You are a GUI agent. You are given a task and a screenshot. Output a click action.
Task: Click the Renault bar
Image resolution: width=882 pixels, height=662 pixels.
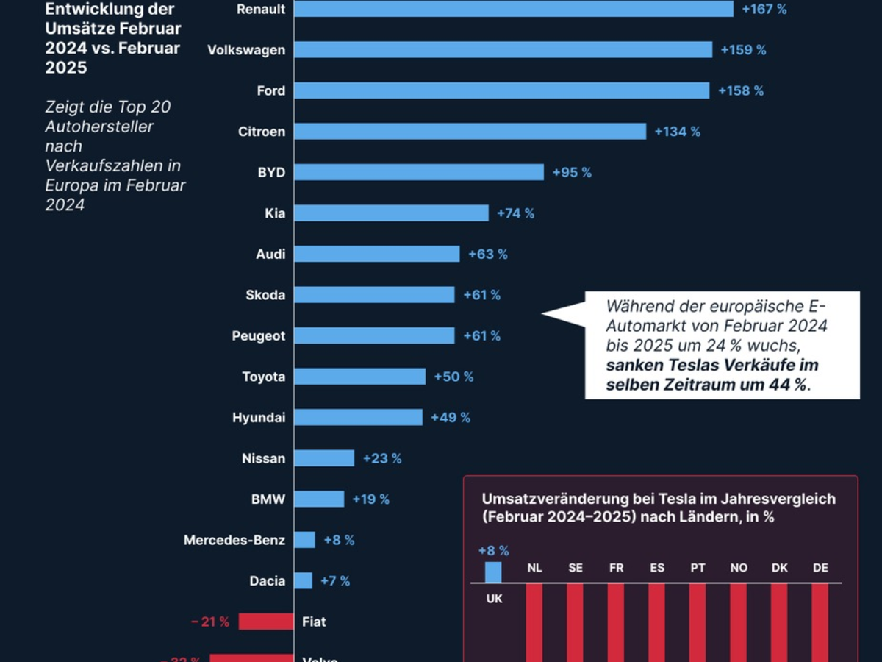pyautogui.click(x=514, y=9)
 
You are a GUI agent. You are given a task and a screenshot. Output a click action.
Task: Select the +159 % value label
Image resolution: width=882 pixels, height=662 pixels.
pyautogui.click(x=743, y=50)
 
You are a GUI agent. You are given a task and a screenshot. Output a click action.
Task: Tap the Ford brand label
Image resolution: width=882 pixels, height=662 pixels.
pyautogui.click(x=270, y=90)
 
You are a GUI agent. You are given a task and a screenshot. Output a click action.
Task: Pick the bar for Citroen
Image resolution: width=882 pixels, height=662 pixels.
pyautogui.click(x=470, y=131)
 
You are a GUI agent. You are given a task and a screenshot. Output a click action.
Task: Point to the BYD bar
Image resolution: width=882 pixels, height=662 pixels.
pyautogui.click(x=419, y=172)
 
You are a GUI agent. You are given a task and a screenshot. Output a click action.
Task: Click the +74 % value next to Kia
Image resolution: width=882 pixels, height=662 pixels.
pyautogui.click(x=515, y=213)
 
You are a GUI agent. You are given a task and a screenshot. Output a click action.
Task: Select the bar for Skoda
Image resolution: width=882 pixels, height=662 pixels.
pyautogui.click(x=375, y=295)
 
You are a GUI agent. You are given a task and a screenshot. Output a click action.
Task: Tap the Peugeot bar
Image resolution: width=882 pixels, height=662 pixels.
pyautogui.click(x=375, y=335)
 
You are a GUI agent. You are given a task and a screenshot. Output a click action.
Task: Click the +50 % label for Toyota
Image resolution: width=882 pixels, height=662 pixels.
pyautogui.click(x=453, y=377)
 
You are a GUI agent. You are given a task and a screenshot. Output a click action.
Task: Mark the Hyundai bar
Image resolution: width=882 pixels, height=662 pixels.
pyautogui.click(x=359, y=417)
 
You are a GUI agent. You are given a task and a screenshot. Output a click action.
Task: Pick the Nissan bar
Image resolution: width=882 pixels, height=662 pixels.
pyautogui.click(x=324, y=458)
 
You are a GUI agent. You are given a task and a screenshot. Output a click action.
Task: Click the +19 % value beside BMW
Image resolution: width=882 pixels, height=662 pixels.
pyautogui.click(x=370, y=499)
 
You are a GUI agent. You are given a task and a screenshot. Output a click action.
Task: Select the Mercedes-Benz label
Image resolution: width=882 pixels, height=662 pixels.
pyautogui.click(x=234, y=540)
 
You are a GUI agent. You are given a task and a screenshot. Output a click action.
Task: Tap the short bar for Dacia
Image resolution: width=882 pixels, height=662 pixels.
pyautogui.click(x=304, y=580)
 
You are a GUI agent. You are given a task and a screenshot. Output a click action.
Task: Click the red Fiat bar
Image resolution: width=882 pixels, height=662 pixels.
pyautogui.click(x=265, y=622)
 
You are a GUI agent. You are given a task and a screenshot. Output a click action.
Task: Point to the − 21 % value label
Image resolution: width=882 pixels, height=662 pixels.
pyautogui.click(x=210, y=622)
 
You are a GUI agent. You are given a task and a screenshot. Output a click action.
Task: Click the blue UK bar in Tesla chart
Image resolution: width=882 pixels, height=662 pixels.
pyautogui.click(x=493, y=572)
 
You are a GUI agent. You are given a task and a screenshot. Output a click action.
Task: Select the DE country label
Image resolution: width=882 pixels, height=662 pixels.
pyautogui.click(x=820, y=568)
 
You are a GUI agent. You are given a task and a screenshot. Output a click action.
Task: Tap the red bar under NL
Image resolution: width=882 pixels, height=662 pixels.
pyautogui.click(x=534, y=622)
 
